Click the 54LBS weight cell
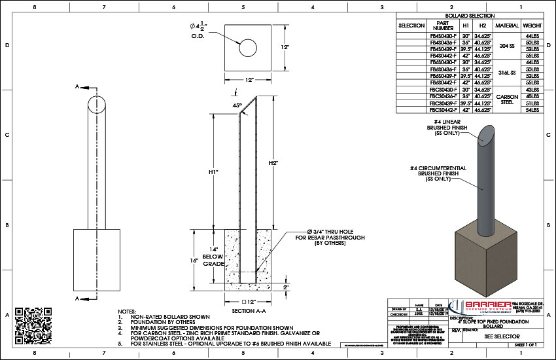point(531,110)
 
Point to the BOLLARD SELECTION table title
point(469,15)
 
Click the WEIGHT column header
point(531,25)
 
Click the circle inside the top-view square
point(247,48)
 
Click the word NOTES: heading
point(126,312)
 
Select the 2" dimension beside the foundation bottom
point(285,287)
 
